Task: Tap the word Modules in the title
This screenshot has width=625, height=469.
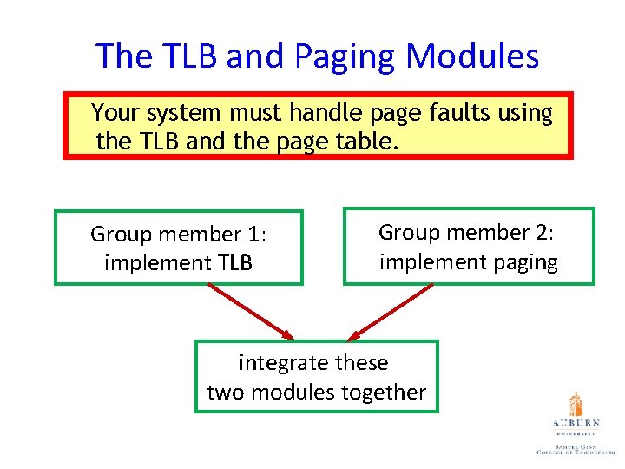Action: point(472,56)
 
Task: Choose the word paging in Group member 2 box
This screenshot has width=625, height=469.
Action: point(518,262)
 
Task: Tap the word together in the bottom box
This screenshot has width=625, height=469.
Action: point(383,393)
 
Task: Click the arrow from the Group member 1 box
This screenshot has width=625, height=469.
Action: point(251,311)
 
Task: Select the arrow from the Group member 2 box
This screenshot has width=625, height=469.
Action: point(390,311)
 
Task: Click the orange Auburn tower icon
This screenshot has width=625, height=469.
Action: point(575,404)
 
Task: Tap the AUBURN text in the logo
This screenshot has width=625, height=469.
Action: point(575,423)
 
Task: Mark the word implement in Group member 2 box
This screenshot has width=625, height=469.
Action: point(418,262)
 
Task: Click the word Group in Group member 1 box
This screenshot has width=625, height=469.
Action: point(122,234)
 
